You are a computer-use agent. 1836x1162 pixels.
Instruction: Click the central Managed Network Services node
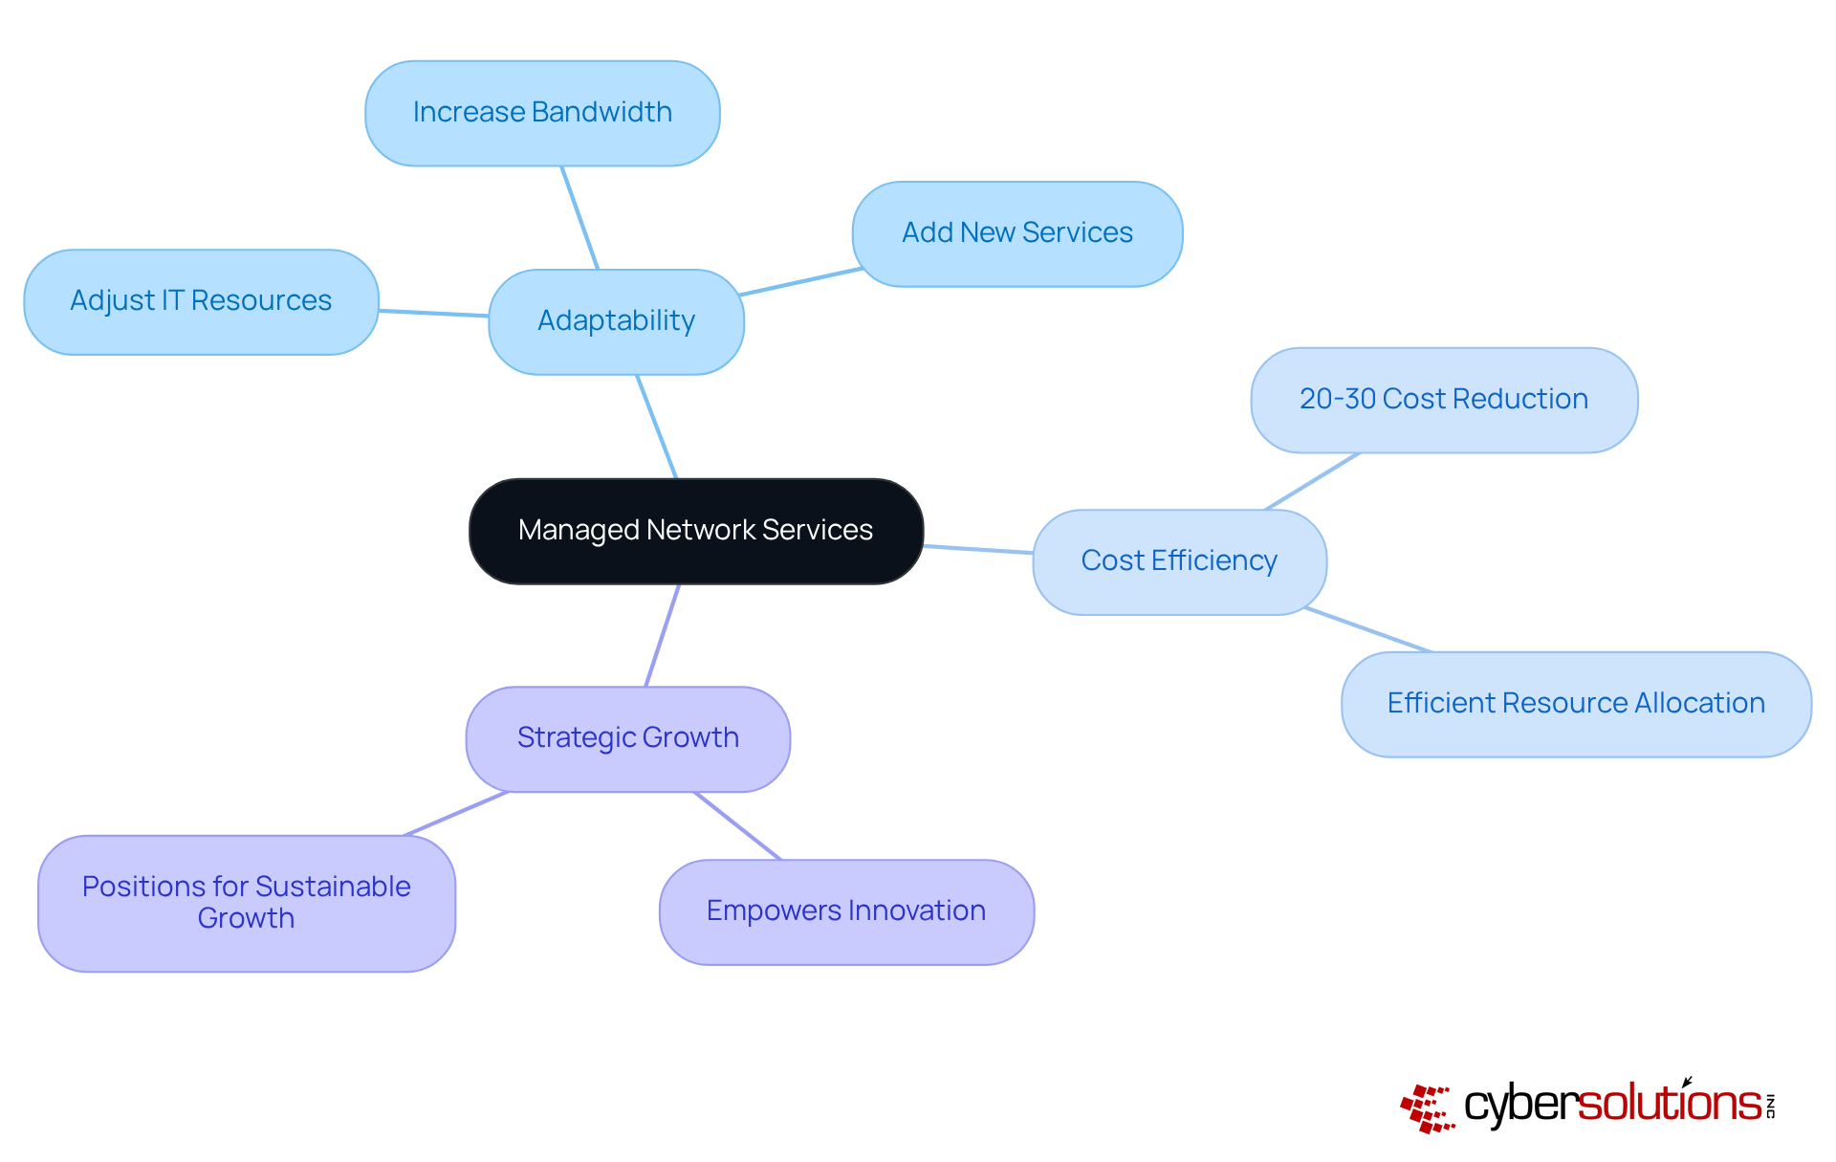pyautogui.click(x=695, y=531)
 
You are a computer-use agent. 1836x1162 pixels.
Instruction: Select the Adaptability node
pyautogui.click(x=616, y=321)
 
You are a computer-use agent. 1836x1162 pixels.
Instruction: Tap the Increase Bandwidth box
pyautogui.click(x=542, y=113)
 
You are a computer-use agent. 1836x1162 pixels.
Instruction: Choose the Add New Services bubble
pyautogui.click(x=1016, y=233)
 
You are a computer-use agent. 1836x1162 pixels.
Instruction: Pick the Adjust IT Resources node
pyautogui.click(x=201, y=301)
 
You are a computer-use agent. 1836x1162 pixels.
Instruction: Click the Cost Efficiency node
pyautogui.click(x=1179, y=561)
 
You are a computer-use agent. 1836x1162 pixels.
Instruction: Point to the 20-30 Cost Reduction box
pyautogui.click(x=1443, y=400)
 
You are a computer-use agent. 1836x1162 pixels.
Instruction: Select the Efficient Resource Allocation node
pyautogui.click(x=1575, y=704)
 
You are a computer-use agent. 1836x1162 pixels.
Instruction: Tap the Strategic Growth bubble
pyautogui.click(x=627, y=738)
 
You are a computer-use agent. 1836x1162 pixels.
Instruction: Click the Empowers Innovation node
pyautogui.click(x=845, y=911)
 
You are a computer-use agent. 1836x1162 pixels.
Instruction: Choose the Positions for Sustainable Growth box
pyautogui.click(x=246, y=903)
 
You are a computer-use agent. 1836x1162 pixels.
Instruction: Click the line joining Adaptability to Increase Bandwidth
pyautogui.click(x=579, y=218)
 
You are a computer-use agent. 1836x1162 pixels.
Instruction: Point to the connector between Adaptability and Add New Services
pyautogui.click(x=801, y=281)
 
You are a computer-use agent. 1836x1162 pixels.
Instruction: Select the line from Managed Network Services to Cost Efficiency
pyautogui.click(x=977, y=549)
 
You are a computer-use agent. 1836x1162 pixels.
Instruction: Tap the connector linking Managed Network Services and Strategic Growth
pyautogui.click(x=663, y=635)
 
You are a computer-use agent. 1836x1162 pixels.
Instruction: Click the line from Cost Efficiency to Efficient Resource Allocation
pyautogui.click(x=1368, y=629)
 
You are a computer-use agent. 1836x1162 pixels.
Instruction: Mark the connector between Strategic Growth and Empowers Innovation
pyautogui.click(x=737, y=825)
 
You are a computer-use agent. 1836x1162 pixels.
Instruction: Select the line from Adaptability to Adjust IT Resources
pyautogui.click(x=433, y=313)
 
